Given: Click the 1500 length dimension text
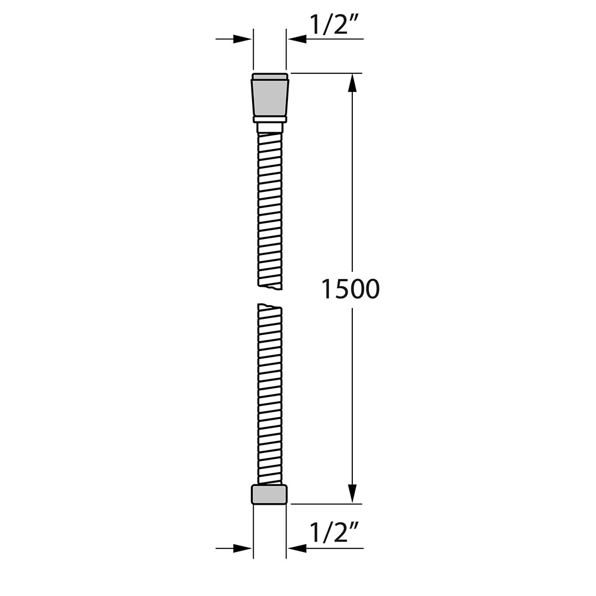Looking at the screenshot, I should (350, 289).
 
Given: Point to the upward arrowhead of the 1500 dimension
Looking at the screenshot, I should (352, 83).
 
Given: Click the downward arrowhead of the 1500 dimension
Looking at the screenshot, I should (352, 493).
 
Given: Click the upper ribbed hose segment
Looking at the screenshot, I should (270, 209).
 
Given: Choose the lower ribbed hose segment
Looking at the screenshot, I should (270, 393).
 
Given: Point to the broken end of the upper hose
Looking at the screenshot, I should (270, 287).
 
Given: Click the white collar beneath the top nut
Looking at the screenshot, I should (270, 126).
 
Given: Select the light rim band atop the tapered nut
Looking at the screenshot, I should (270, 76).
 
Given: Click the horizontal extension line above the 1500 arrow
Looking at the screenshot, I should (328, 73).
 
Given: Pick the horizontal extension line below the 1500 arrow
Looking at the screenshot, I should (328, 504).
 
